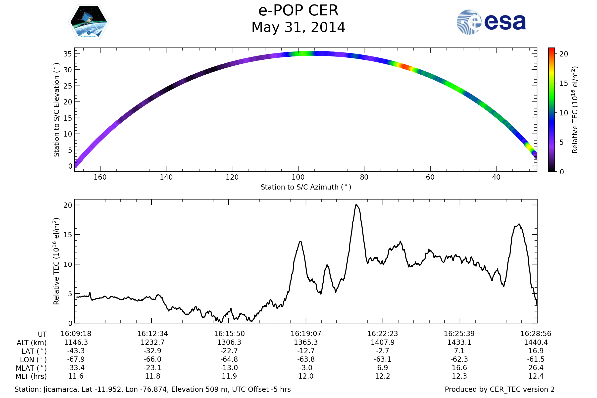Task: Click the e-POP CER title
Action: point(298,11)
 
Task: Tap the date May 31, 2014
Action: point(298,27)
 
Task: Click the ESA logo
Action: point(491,22)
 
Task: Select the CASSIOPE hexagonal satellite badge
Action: point(89,22)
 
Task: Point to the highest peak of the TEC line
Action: point(356,205)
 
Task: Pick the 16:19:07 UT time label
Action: point(306,334)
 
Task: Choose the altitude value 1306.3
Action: point(229,342)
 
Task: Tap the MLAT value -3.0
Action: point(306,368)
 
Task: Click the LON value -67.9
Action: point(76,359)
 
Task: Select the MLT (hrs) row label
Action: point(31,376)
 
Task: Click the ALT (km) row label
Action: point(32,343)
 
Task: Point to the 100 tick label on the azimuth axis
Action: point(298,177)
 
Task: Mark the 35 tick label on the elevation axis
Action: point(68,54)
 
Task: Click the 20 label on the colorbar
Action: point(564,54)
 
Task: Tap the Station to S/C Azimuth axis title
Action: point(306,187)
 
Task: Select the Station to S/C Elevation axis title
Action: point(56,110)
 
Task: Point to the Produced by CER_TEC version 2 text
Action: point(499,389)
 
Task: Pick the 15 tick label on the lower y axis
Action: point(68,235)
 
